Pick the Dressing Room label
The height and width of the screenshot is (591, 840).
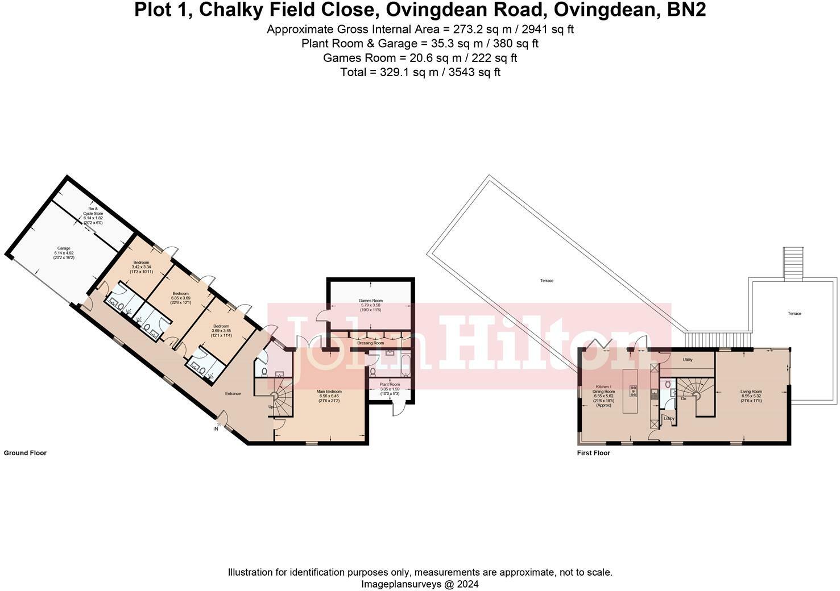tap(370, 343)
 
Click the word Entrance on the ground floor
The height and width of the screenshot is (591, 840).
tap(233, 393)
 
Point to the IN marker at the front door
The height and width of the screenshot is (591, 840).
tap(216, 428)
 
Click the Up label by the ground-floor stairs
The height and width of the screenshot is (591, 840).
tap(271, 406)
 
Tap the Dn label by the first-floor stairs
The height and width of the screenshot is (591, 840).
tap(683, 398)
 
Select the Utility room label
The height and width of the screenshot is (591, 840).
tap(688, 360)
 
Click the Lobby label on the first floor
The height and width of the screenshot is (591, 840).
tap(669, 419)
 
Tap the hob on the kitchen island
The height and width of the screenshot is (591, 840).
tap(633, 391)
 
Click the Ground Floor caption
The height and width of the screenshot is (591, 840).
tap(25, 453)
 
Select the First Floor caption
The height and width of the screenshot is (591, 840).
tap(593, 453)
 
